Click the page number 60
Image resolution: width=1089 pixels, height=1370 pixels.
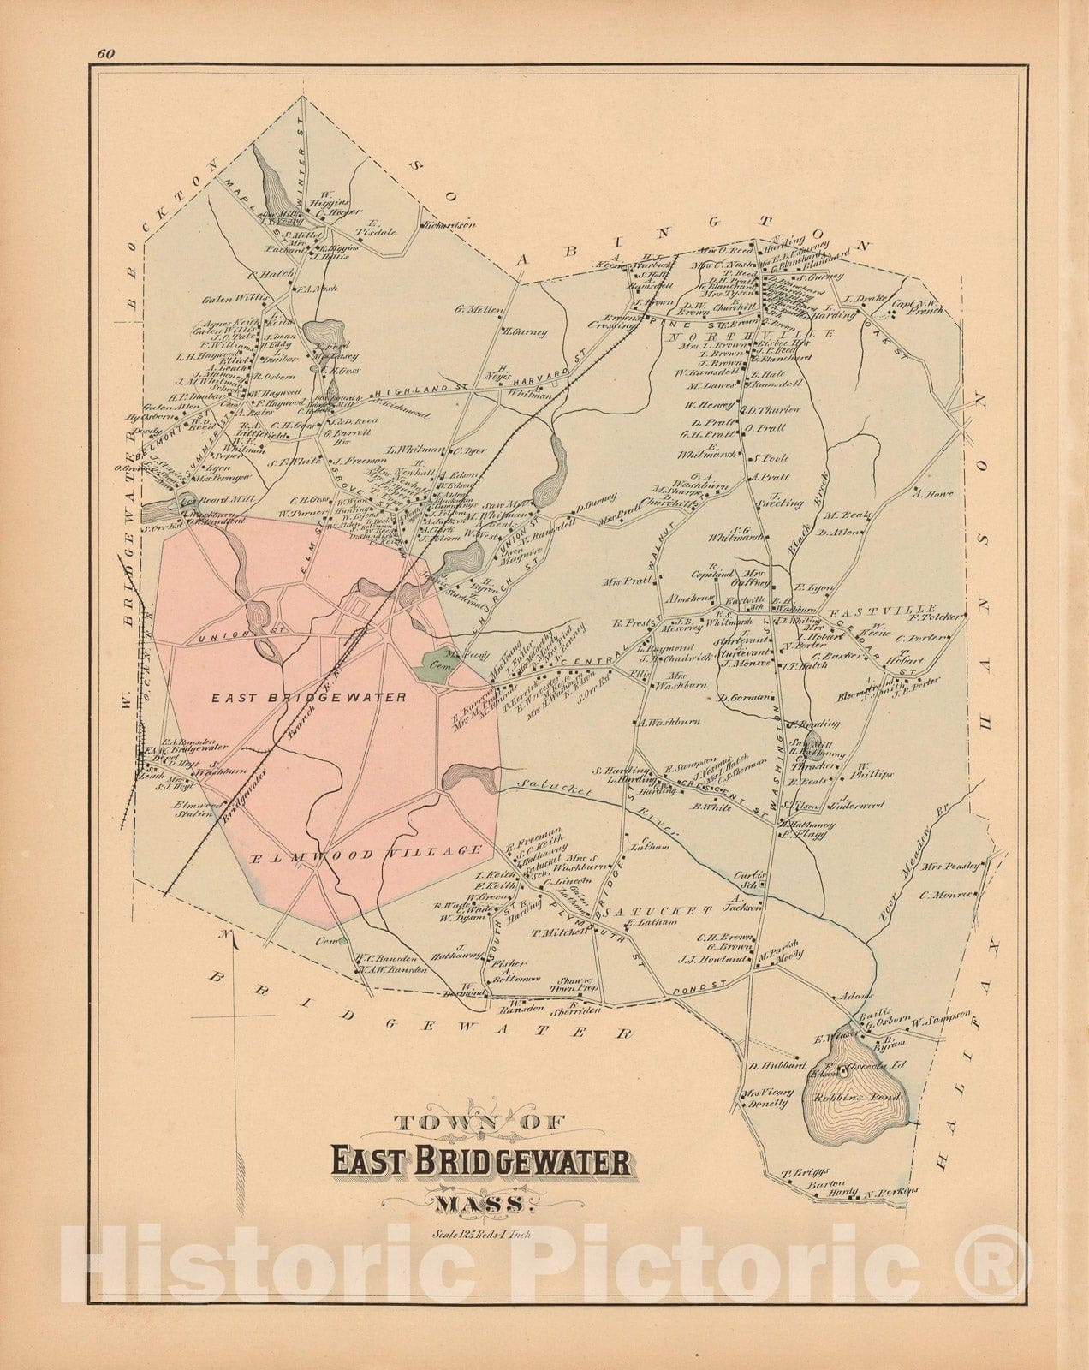107,54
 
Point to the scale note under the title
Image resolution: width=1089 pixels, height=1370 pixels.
478,1234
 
